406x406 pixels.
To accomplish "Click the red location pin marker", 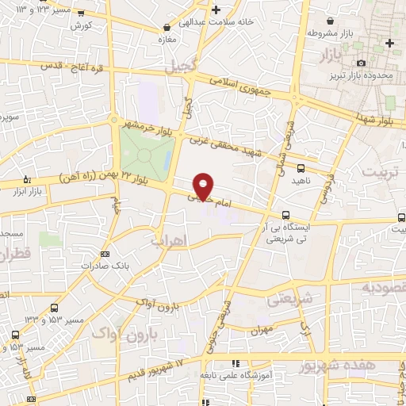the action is click(x=204, y=186).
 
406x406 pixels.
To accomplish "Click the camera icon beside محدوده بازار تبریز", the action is click(x=362, y=63).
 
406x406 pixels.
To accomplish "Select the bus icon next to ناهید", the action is click(x=301, y=168).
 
